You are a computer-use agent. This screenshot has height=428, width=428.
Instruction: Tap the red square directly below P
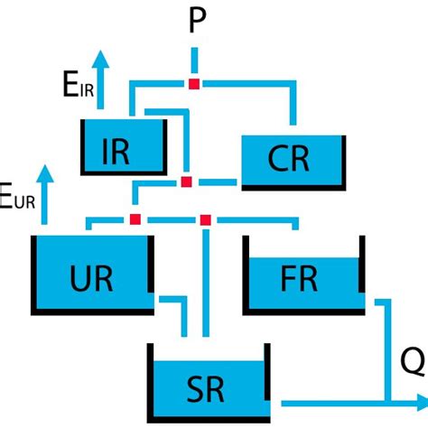click(x=194, y=84)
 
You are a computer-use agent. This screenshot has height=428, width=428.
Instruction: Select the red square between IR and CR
click(x=186, y=182)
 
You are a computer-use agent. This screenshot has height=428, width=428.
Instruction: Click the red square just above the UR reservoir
click(x=135, y=219)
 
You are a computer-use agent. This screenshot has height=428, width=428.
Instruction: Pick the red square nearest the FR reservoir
click(x=206, y=219)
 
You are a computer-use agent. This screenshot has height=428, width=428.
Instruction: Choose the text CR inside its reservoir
click(x=289, y=159)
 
